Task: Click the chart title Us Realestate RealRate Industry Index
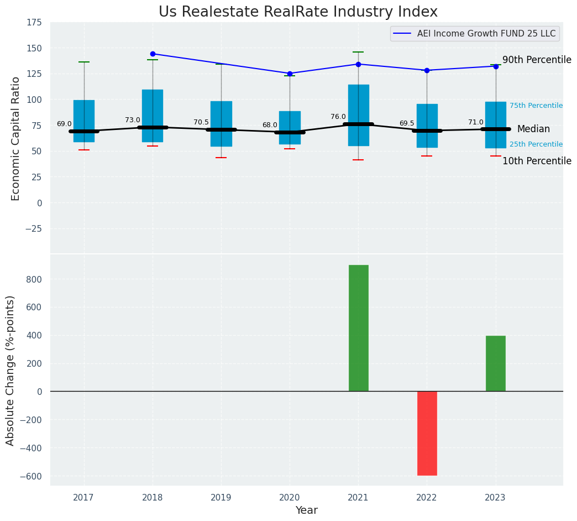click(298, 12)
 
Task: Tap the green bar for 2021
click(358, 328)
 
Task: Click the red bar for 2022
click(427, 433)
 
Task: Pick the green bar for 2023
click(495, 363)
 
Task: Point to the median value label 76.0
click(338, 117)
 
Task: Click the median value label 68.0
click(270, 125)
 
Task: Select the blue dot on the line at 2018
click(153, 54)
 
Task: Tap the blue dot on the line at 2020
click(290, 74)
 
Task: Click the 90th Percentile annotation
click(537, 60)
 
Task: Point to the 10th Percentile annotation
click(537, 161)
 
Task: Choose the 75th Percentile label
click(536, 106)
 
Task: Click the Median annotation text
click(533, 129)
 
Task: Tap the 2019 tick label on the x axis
click(221, 498)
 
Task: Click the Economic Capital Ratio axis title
click(15, 138)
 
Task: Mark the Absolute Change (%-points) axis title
click(11, 370)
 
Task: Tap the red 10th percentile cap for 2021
click(358, 160)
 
